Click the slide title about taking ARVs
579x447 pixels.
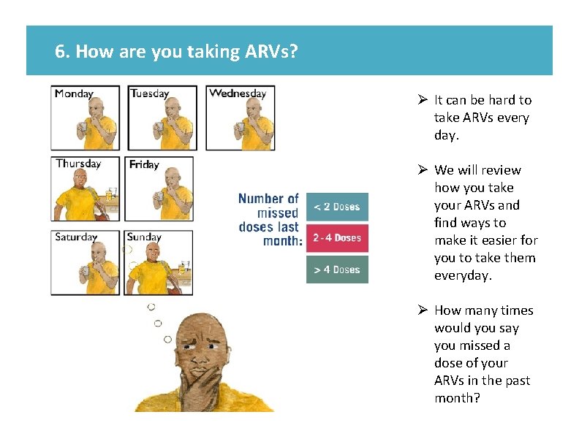176,51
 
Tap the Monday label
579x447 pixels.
74,93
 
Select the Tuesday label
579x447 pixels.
150,93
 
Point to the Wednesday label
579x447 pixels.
238,93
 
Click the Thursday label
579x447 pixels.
78,164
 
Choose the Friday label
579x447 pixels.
144,164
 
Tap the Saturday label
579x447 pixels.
76,237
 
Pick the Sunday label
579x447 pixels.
144,237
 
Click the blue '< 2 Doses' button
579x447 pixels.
337,207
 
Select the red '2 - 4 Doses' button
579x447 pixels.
337,238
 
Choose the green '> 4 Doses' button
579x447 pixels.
337,270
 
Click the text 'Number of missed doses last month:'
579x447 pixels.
269,220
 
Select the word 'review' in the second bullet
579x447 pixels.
502,170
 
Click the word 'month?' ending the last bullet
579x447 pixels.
458,398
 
